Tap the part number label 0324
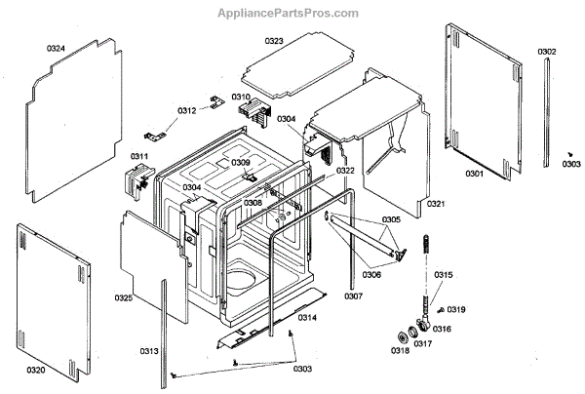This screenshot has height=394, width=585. tap(56, 48)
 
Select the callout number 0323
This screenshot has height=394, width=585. tap(274, 41)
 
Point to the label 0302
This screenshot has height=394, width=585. tap(547, 52)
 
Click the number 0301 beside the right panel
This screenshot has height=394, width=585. tap(474, 174)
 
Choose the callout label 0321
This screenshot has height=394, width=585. tap(436, 204)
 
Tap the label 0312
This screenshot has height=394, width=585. tap(186, 110)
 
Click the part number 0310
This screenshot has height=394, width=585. tap(241, 98)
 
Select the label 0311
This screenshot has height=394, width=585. tap(139, 156)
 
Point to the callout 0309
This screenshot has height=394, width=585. tap(241, 163)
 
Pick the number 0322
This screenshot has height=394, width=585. tap(346, 171)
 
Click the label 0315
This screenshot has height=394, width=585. tap(444, 276)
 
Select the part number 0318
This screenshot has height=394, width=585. tap(400, 350)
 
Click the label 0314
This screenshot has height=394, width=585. tap(307, 318)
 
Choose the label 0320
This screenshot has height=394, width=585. tap(36, 370)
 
